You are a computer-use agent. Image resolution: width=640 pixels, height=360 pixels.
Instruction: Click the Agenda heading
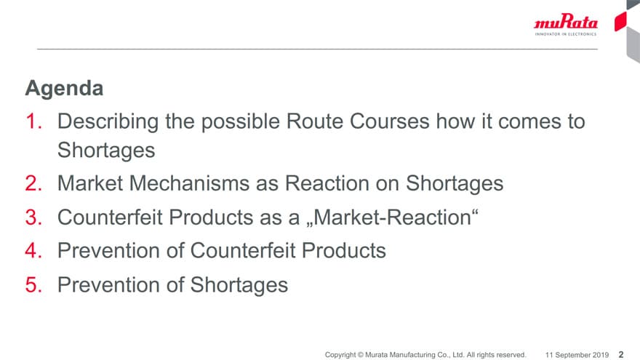(x=64, y=89)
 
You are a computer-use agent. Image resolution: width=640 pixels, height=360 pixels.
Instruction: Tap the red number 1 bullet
(x=33, y=121)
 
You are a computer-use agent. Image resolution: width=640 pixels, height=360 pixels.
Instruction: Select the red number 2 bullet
(x=33, y=183)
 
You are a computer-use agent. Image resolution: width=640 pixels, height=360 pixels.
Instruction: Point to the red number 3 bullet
(x=33, y=217)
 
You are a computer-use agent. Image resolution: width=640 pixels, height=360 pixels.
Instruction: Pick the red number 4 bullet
(x=33, y=251)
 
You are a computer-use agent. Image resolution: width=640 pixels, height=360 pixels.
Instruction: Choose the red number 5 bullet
(x=33, y=285)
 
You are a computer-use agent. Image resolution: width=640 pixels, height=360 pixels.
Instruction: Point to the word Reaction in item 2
(x=327, y=183)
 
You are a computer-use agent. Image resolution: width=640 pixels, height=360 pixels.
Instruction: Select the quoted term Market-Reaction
(x=391, y=217)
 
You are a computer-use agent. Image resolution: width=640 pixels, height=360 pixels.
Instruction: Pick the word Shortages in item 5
(x=239, y=285)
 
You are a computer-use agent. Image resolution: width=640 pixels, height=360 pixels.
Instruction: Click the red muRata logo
(x=566, y=22)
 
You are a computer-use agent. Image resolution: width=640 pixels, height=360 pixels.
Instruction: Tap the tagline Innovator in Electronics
(x=566, y=34)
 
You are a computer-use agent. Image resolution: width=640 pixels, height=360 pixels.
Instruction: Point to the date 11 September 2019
(x=577, y=355)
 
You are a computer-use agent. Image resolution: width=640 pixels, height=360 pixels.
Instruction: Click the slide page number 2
(x=621, y=355)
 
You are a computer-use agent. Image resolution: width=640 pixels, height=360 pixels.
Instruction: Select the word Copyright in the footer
(x=340, y=355)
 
